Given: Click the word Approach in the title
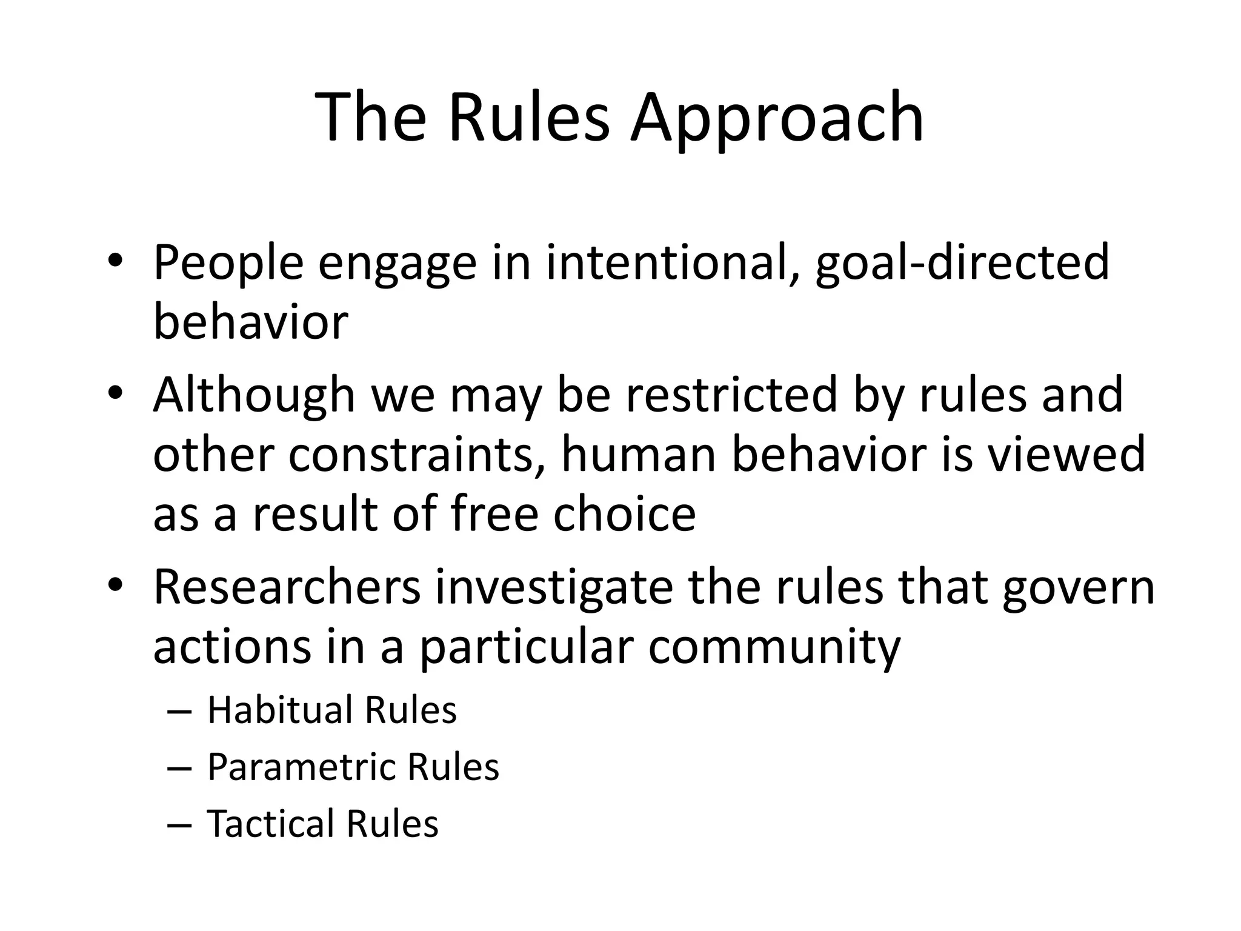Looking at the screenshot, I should [777, 118].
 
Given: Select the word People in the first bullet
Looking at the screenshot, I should [228, 264].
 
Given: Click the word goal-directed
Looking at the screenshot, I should [962, 264].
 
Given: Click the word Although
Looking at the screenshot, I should [254, 396].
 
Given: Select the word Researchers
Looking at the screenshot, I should [287, 587].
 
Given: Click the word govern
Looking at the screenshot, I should [1078, 589].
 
